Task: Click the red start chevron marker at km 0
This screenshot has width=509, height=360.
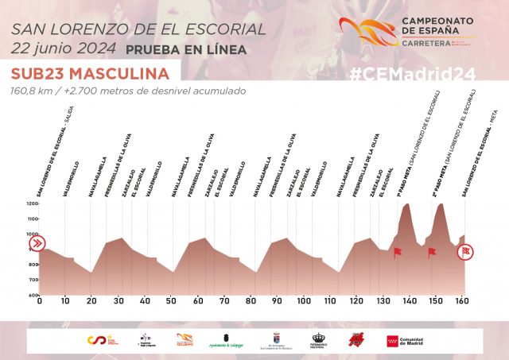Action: (37, 244)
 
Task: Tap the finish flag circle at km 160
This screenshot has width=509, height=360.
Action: (468, 251)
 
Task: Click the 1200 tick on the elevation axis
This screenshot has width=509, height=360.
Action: (32, 204)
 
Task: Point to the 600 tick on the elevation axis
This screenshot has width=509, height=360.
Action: (32, 295)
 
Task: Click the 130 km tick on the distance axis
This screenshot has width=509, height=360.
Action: (383, 302)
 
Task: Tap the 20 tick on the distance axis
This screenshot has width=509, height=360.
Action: (92, 302)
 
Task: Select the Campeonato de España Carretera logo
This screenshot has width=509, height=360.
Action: (406, 33)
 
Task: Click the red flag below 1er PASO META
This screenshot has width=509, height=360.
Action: (398, 252)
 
